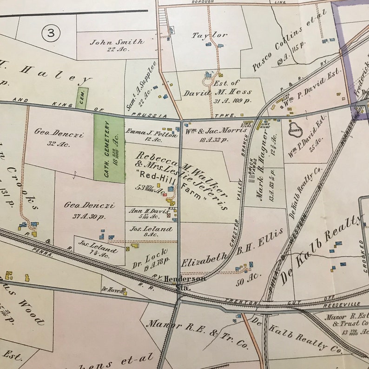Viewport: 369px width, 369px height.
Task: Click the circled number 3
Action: coord(51,33)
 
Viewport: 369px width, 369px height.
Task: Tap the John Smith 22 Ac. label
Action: coord(117,46)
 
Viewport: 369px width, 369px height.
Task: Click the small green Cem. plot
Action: coord(82,98)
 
